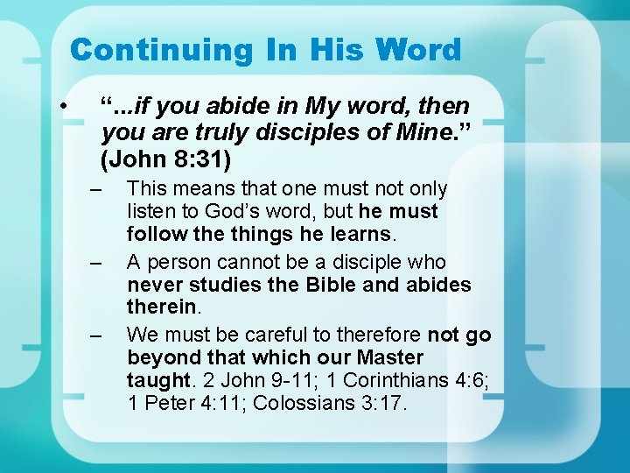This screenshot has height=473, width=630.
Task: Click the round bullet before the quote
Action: [65, 106]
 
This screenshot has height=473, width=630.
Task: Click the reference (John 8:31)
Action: [166, 160]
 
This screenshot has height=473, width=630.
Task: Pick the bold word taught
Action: [157, 381]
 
